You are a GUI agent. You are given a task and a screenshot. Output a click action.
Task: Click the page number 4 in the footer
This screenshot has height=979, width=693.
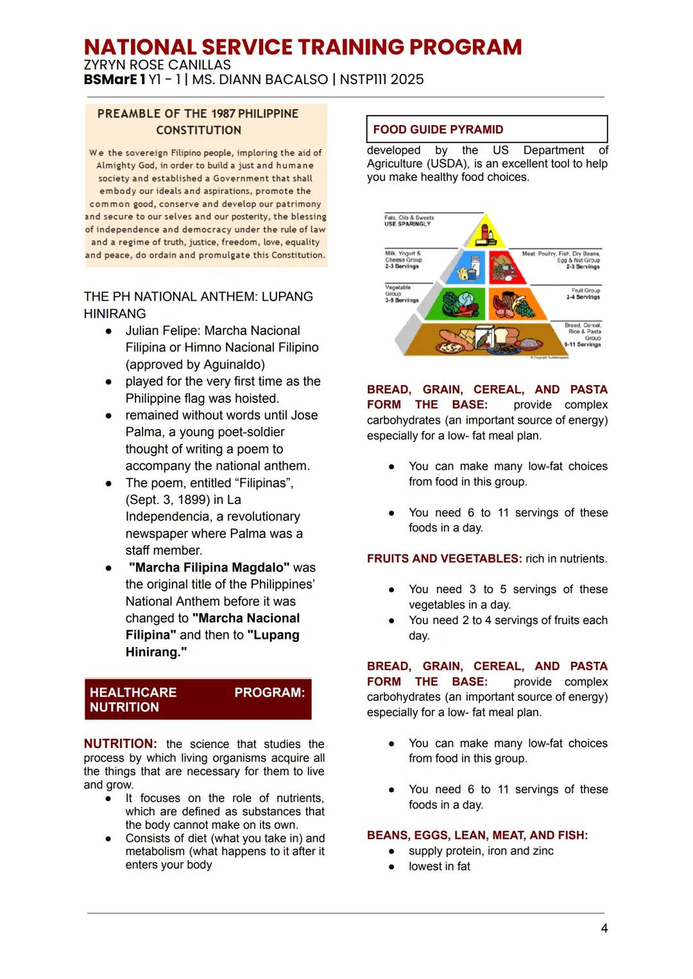(x=604, y=928)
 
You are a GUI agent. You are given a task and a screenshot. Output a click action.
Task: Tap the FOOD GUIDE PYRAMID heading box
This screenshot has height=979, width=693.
(x=486, y=129)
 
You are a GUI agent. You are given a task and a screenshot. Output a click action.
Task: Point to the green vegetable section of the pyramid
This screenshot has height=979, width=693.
(x=456, y=304)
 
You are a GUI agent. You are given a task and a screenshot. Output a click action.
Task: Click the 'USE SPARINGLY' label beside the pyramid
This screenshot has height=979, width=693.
(x=407, y=224)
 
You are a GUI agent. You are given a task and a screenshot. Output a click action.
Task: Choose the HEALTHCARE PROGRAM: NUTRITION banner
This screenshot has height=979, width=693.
(x=198, y=700)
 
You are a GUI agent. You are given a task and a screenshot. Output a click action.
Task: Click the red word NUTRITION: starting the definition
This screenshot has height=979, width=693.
(x=120, y=744)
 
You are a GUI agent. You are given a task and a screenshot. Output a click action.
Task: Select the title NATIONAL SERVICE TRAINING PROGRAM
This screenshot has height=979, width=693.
(x=302, y=47)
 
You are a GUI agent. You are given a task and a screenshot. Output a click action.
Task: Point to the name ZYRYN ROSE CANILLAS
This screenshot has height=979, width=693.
(x=157, y=65)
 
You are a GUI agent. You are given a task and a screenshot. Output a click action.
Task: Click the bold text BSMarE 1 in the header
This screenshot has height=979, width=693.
(x=114, y=80)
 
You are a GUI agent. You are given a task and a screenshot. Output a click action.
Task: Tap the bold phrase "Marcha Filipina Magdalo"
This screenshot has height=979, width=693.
(x=209, y=567)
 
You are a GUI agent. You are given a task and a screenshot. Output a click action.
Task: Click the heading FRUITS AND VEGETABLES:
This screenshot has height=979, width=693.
(x=444, y=559)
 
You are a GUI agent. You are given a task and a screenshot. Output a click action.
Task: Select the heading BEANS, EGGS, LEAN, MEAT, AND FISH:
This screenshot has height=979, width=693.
(x=477, y=835)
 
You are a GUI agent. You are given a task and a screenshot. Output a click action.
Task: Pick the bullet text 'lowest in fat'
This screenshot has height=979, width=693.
(x=439, y=867)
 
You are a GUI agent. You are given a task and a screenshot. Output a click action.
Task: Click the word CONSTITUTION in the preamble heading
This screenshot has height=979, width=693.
(x=198, y=130)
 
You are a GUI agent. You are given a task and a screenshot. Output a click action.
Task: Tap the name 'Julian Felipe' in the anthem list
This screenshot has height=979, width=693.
(x=161, y=331)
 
